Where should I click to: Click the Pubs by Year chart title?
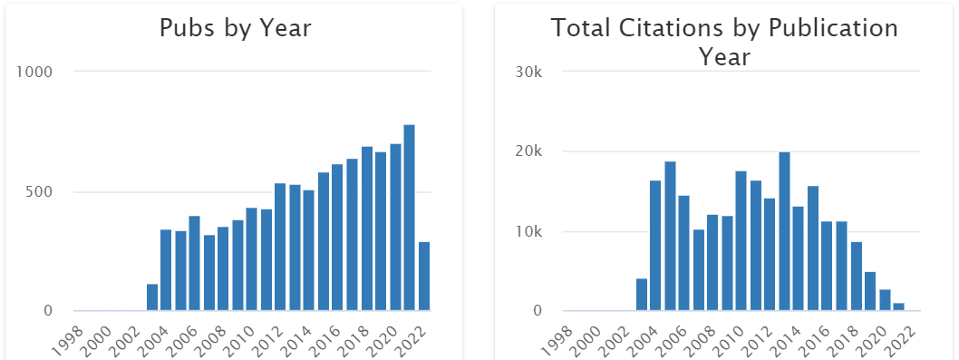[235, 28]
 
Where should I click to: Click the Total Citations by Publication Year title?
[724, 42]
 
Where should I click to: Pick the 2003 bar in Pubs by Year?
[152, 297]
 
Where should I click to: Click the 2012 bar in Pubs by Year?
[280, 247]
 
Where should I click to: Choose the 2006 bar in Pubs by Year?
[195, 263]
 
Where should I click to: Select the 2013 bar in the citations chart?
[784, 231]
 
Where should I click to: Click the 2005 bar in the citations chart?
[670, 236]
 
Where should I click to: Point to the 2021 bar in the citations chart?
[898, 306]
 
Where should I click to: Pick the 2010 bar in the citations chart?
[741, 240]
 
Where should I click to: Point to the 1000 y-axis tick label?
[37, 72]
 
